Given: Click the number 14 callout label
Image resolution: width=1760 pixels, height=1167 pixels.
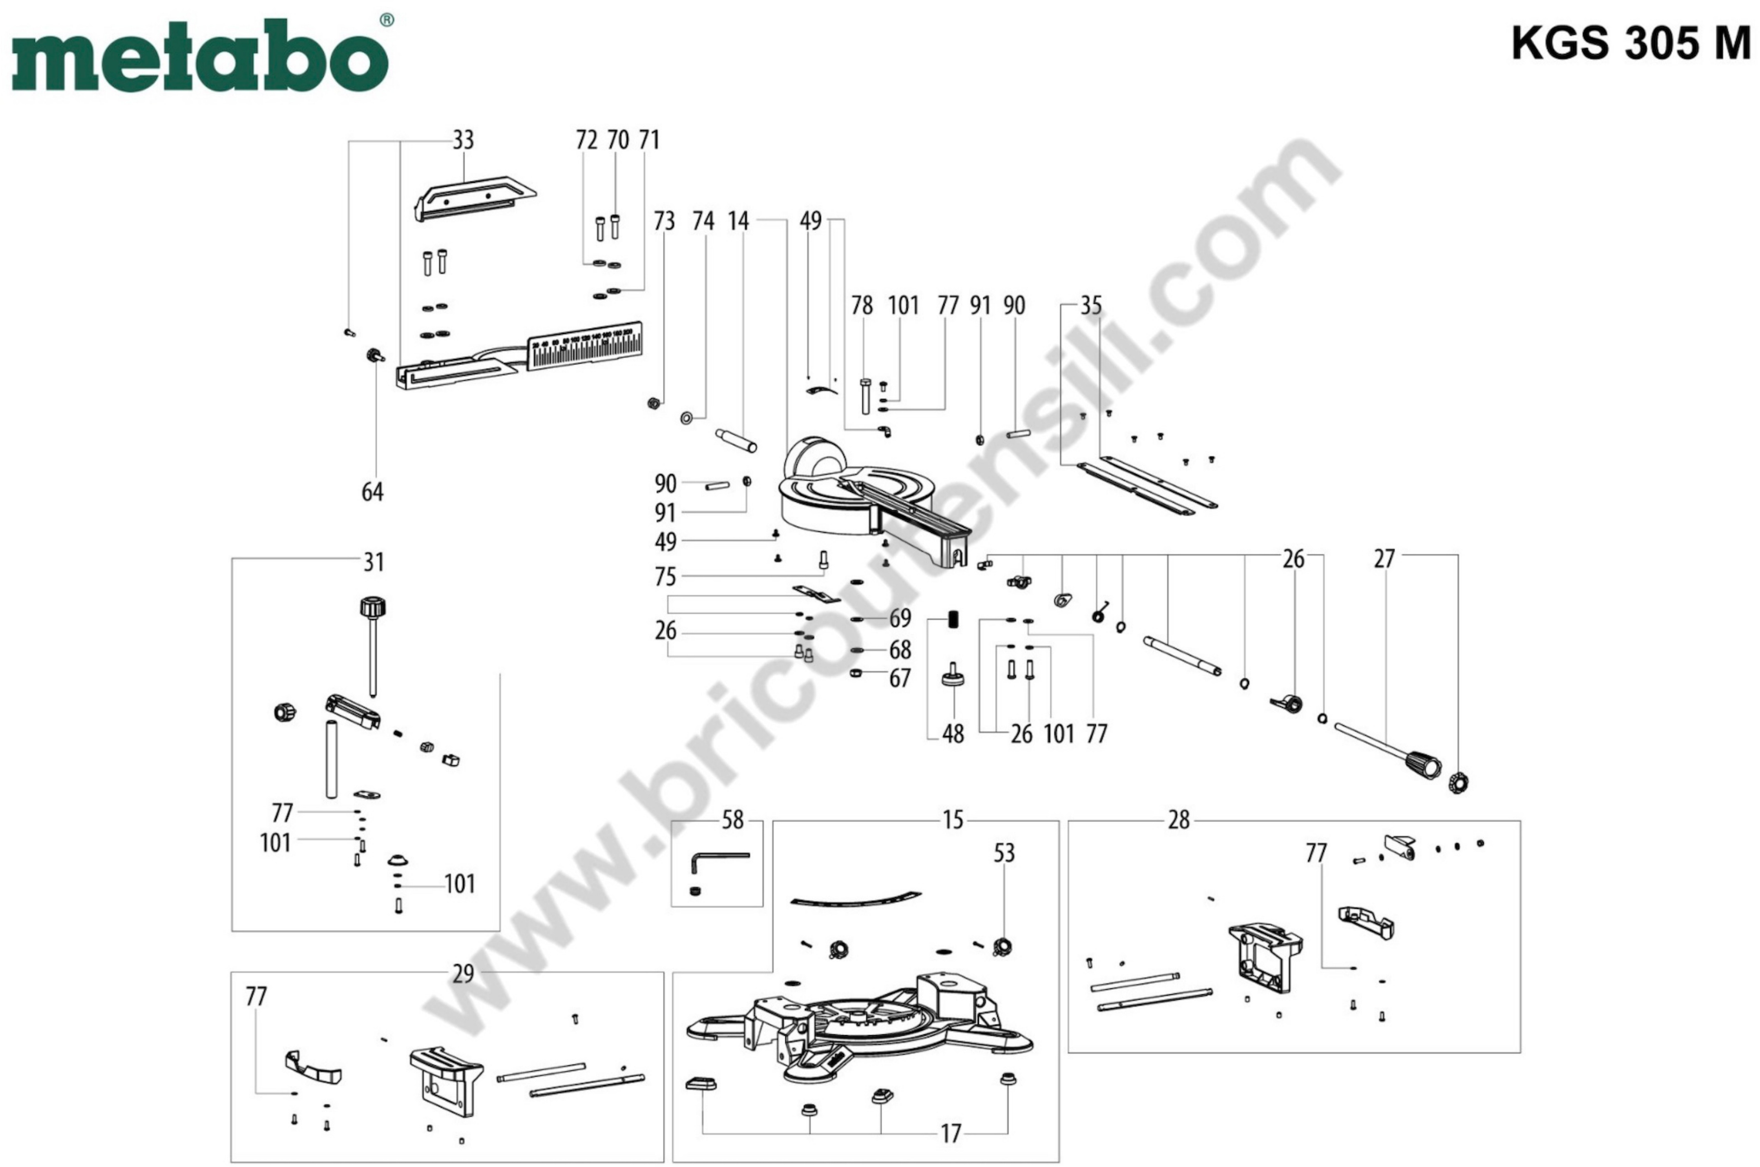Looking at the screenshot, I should point(738,221).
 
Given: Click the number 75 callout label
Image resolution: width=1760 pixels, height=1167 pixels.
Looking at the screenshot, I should point(665,577).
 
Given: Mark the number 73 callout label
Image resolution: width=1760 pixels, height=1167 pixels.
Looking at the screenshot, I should point(663,221).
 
